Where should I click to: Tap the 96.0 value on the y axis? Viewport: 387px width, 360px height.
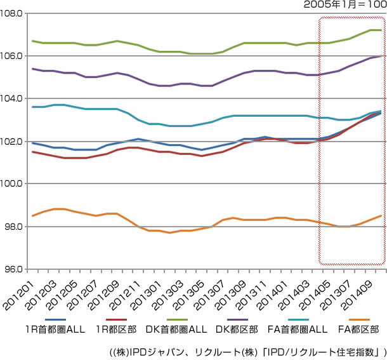tap(13, 269)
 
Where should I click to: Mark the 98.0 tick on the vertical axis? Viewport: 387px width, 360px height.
tap(13, 227)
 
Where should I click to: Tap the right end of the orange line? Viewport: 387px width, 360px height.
tap(381, 215)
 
